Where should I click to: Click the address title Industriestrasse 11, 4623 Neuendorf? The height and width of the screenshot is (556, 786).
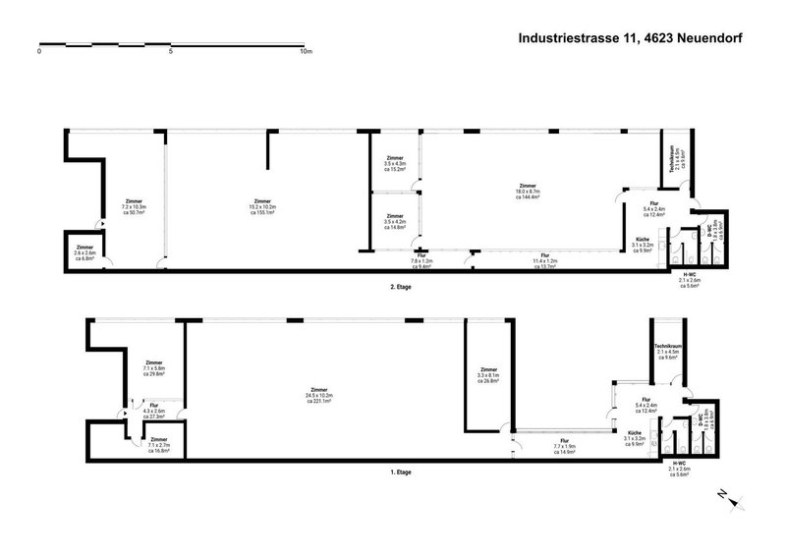pos(629,38)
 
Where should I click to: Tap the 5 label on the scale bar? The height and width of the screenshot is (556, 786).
pos(172,52)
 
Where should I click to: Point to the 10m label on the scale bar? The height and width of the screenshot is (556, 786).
pos(305,52)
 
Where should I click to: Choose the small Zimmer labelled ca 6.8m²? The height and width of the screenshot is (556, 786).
pos(85,253)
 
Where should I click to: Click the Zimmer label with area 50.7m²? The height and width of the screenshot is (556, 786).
pos(134,207)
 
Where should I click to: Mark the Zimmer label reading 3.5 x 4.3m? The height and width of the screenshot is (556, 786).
pos(395,163)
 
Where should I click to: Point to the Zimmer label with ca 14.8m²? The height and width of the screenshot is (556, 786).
pos(395,221)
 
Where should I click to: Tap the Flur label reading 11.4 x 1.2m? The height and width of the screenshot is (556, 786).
pos(544,260)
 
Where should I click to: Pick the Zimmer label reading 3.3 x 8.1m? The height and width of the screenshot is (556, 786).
pos(488,374)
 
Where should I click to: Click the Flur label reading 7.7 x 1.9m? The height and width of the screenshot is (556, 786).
pos(564,446)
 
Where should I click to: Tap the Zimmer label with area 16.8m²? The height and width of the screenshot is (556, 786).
pos(159,445)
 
